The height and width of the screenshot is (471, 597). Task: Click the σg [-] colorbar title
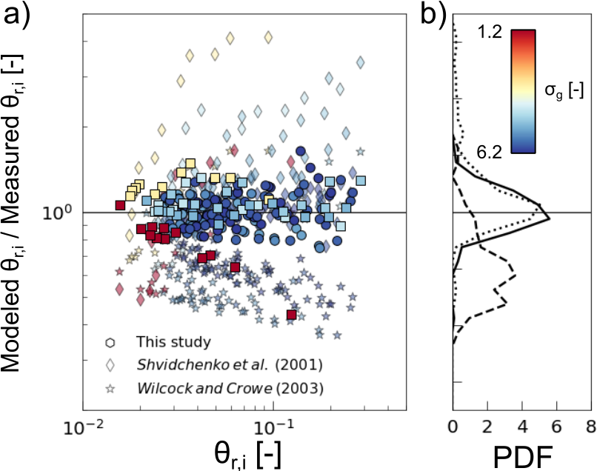click(x=564, y=92)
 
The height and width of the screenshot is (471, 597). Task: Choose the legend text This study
click(x=174, y=342)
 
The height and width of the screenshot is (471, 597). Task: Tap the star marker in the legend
click(x=110, y=387)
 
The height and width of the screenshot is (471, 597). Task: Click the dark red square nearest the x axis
click(x=292, y=315)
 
